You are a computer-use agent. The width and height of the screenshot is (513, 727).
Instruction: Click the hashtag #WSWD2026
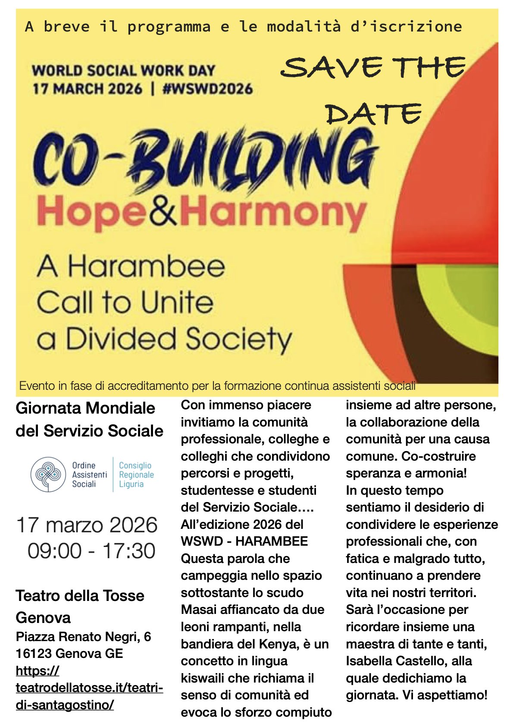click(x=207, y=89)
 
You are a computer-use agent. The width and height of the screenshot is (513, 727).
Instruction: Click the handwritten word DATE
click(x=373, y=114)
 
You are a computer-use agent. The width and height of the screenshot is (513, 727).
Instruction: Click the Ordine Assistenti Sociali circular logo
click(x=48, y=474)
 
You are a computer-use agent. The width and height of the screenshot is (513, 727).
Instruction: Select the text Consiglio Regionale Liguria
click(x=136, y=474)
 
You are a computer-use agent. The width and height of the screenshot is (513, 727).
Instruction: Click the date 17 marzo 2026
click(x=87, y=525)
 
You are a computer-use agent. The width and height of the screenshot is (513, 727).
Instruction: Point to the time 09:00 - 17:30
click(x=91, y=551)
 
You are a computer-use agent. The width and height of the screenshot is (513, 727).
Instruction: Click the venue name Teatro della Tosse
click(x=80, y=596)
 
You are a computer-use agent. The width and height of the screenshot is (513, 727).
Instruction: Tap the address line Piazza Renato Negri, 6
click(x=83, y=636)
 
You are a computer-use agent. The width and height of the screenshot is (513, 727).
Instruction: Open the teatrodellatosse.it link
click(x=89, y=688)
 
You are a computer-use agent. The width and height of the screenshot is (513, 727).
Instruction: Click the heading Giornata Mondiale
click(x=85, y=408)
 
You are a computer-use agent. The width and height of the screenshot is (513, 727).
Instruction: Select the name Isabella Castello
click(x=409, y=661)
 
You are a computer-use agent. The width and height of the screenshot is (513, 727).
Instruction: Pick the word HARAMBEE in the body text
click(x=272, y=541)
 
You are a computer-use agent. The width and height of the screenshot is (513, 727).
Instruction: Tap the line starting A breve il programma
click(x=243, y=27)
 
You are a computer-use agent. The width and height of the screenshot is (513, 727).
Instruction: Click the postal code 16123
click(x=34, y=653)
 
